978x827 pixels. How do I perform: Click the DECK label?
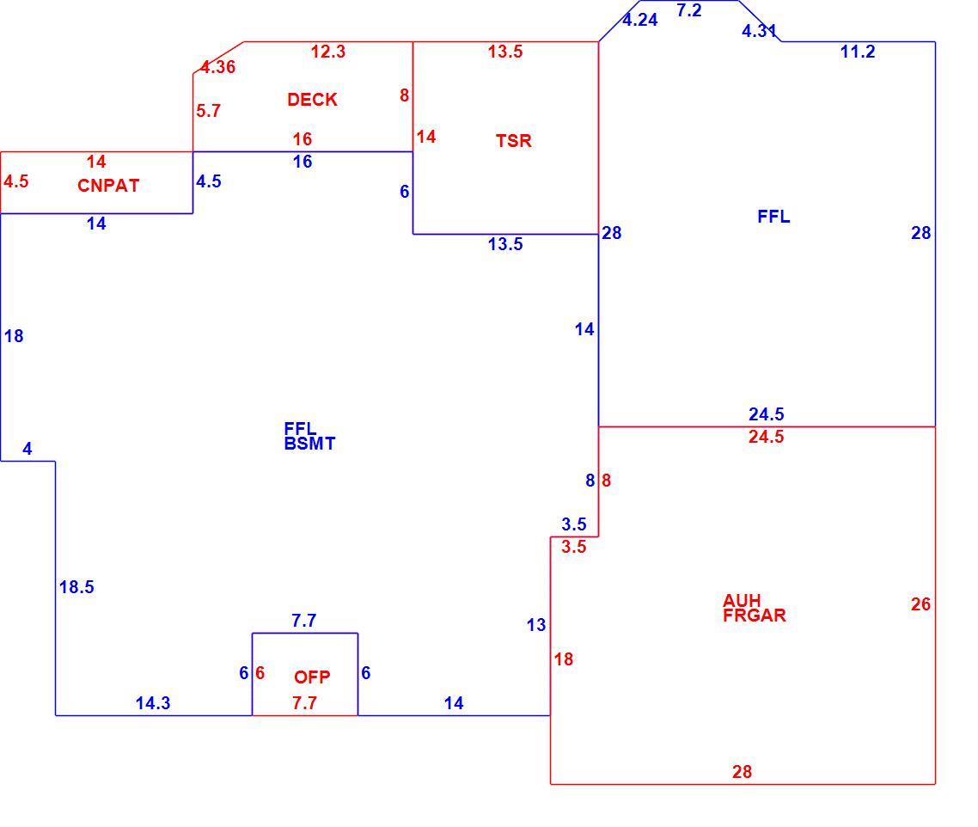(312, 99)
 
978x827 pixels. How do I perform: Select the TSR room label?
(513, 140)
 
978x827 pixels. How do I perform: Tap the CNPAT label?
(108, 186)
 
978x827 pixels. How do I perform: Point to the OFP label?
(312, 677)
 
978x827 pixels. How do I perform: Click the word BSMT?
(309, 444)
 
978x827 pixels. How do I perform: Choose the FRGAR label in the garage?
(754, 616)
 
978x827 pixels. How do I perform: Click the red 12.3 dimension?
(328, 52)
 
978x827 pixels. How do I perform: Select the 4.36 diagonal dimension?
(218, 67)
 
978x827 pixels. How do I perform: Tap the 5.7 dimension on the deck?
(208, 111)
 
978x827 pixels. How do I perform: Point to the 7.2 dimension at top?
(689, 10)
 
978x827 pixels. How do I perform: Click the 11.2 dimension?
(858, 52)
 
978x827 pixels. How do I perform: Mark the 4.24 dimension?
(640, 20)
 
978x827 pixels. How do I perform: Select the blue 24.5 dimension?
(766, 413)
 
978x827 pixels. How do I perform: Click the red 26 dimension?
(920, 604)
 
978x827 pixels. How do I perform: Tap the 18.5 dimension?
(76, 586)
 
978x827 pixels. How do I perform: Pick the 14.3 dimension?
(153, 703)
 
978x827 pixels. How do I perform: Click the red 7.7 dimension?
(304, 703)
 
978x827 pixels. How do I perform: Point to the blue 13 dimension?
(535, 625)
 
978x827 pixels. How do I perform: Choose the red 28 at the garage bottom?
(742, 772)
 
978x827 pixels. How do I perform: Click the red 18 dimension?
(563, 659)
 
